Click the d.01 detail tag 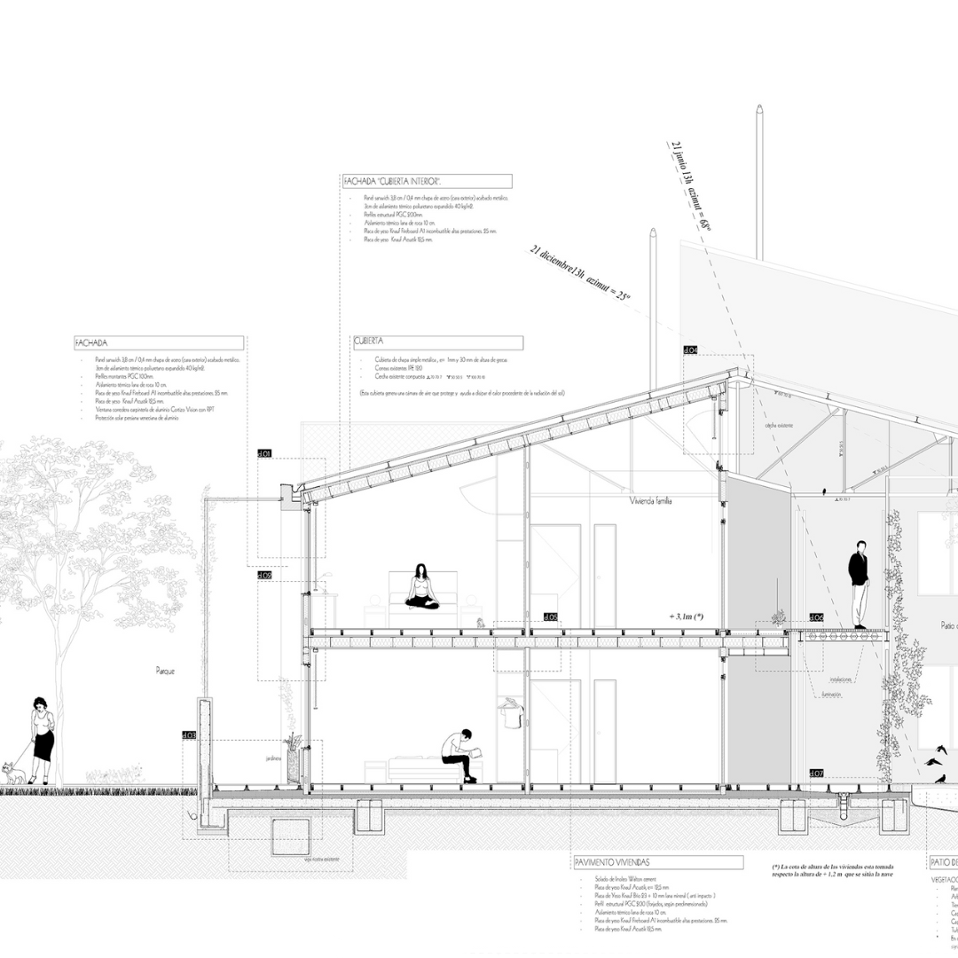(x=264, y=453)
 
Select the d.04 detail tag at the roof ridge (x=690, y=349)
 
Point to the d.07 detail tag (x=816, y=773)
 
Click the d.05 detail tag (x=550, y=616)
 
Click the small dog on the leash (x=12, y=773)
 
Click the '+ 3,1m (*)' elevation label (x=687, y=616)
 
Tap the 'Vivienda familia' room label (x=650, y=501)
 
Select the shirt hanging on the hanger (x=510, y=711)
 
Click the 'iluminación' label (x=830, y=694)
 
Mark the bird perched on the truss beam (x=826, y=489)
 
